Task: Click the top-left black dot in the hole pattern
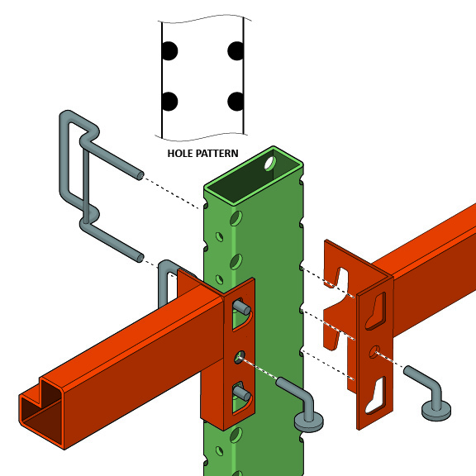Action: tap(169, 51)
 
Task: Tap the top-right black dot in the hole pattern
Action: tap(236, 51)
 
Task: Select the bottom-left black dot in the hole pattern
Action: tap(169, 102)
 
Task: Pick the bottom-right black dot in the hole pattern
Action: tap(236, 102)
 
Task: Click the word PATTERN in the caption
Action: tap(216, 153)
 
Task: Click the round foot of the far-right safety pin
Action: tap(435, 408)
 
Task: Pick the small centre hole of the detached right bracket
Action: tap(376, 351)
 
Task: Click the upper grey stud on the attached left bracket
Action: tap(244, 307)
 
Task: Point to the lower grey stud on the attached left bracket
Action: tap(240, 389)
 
